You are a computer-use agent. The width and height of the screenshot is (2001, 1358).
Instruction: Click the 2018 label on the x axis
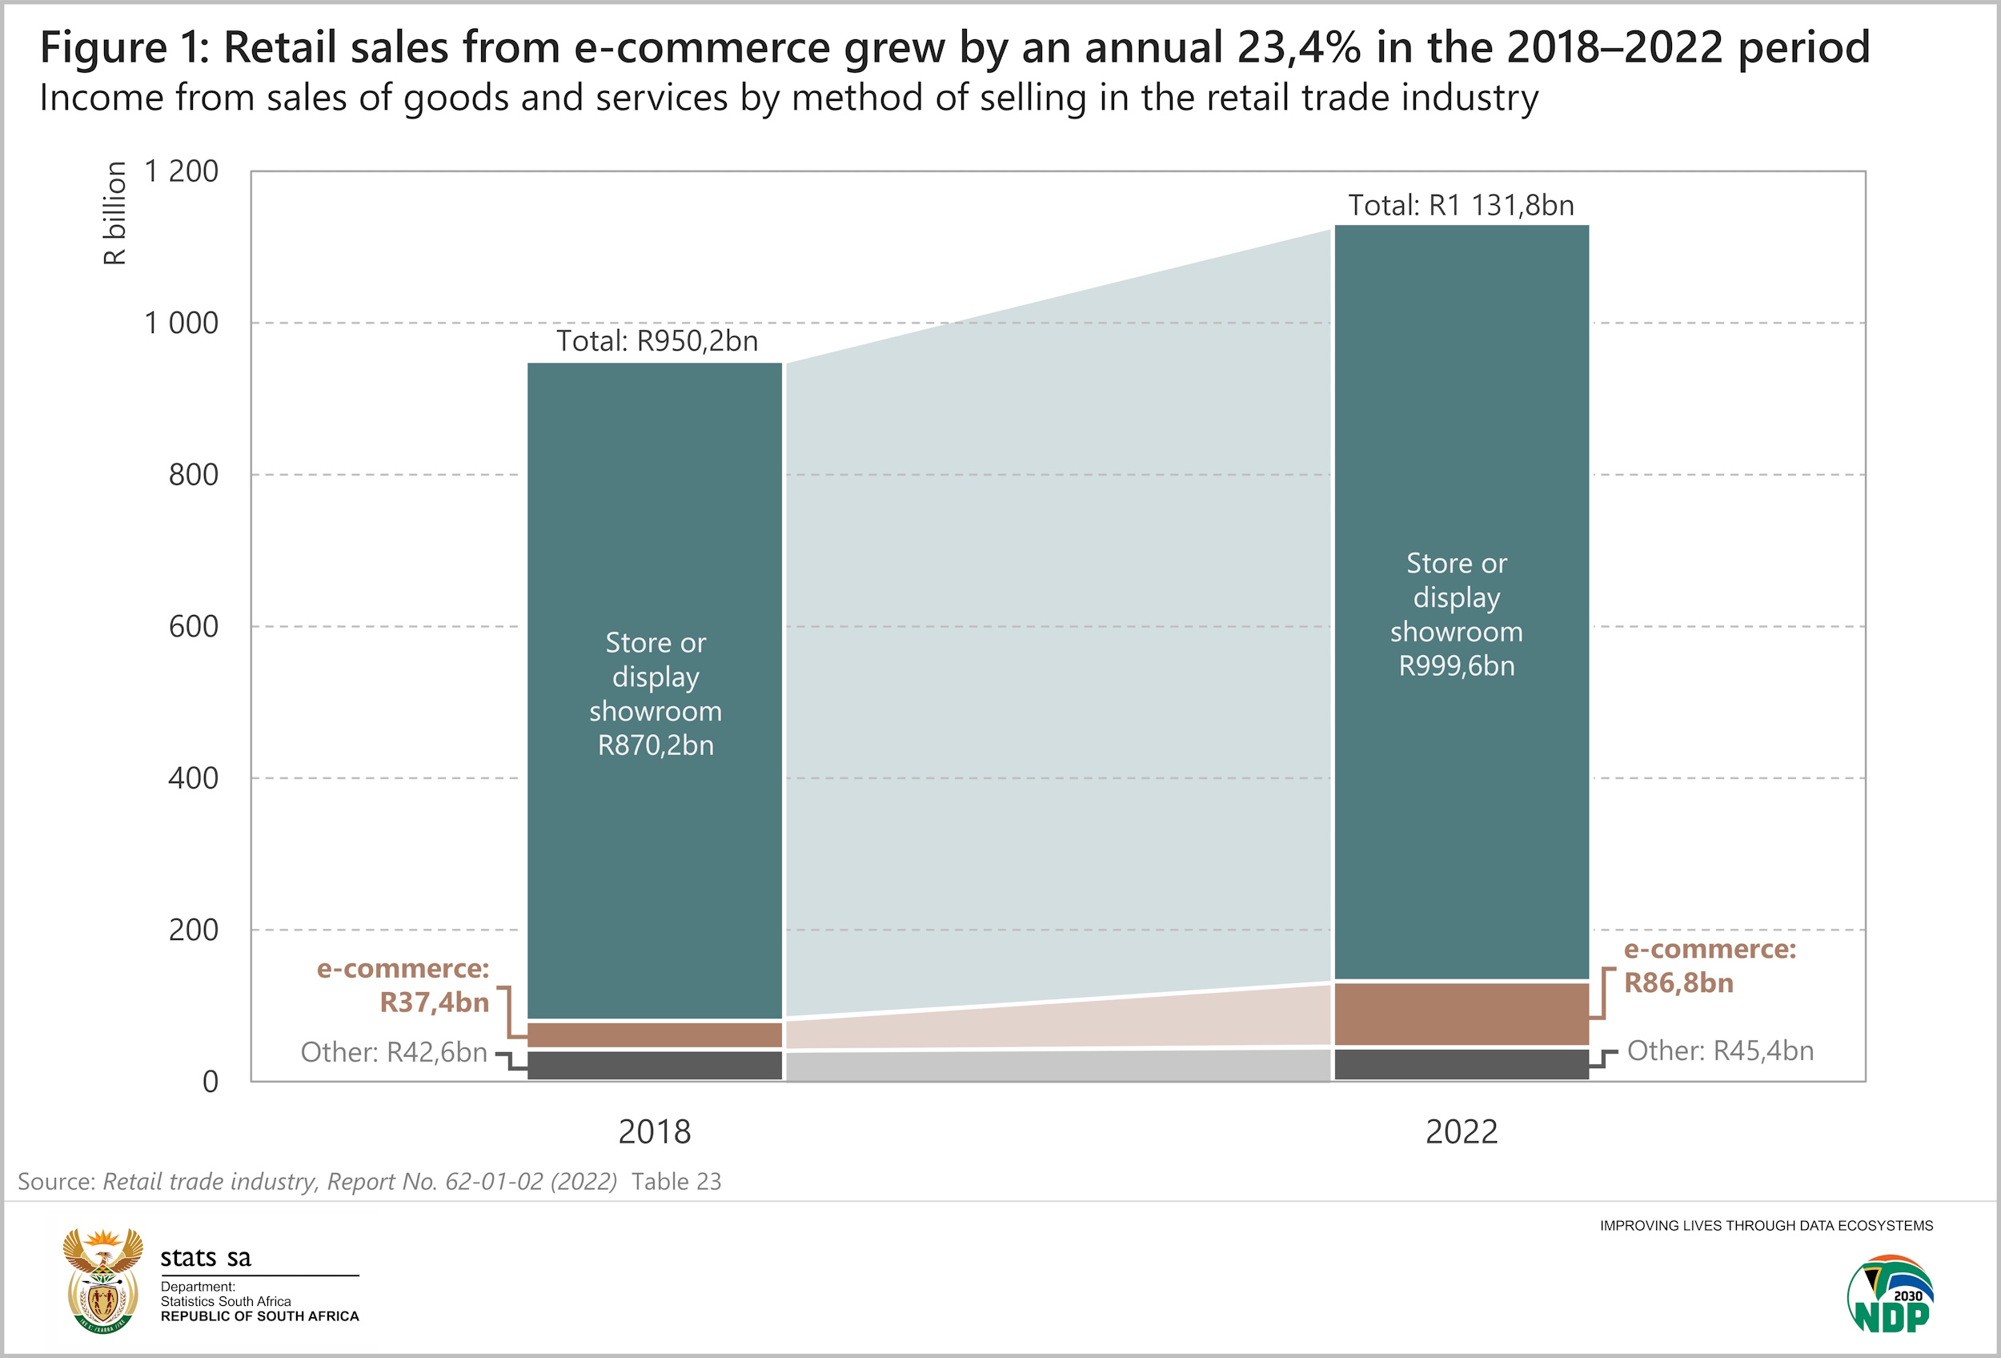click(655, 1131)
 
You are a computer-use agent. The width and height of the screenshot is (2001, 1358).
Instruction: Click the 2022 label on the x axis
click(1462, 1131)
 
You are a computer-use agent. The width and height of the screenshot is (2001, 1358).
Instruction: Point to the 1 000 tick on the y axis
click(181, 323)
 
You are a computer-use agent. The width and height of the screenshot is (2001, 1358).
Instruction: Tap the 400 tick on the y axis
click(193, 778)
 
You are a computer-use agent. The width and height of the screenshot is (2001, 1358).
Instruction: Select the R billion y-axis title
click(114, 213)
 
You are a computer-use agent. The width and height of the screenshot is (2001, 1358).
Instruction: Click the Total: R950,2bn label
click(657, 341)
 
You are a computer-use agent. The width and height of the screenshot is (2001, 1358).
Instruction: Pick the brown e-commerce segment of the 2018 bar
click(655, 1035)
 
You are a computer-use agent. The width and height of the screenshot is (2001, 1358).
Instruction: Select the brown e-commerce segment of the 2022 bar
click(1462, 1014)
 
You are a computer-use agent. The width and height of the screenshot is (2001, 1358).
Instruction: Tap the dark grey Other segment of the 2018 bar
click(655, 1065)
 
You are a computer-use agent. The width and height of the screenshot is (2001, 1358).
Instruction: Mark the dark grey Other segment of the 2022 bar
click(1462, 1064)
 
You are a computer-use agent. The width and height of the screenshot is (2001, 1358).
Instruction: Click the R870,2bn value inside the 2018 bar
click(656, 745)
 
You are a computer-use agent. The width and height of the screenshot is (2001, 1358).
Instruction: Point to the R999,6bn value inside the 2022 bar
click(1456, 665)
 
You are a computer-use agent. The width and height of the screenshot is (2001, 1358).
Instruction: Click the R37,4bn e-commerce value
click(434, 1002)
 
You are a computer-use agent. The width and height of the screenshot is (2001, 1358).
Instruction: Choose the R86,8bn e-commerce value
click(1678, 982)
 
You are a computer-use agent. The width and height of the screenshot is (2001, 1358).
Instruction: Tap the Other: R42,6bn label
click(394, 1052)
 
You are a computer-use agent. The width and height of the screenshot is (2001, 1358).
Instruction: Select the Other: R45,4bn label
click(1719, 1051)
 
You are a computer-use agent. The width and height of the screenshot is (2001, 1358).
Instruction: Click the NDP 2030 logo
click(1889, 1294)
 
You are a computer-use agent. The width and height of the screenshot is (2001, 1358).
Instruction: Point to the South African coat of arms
click(103, 1280)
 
